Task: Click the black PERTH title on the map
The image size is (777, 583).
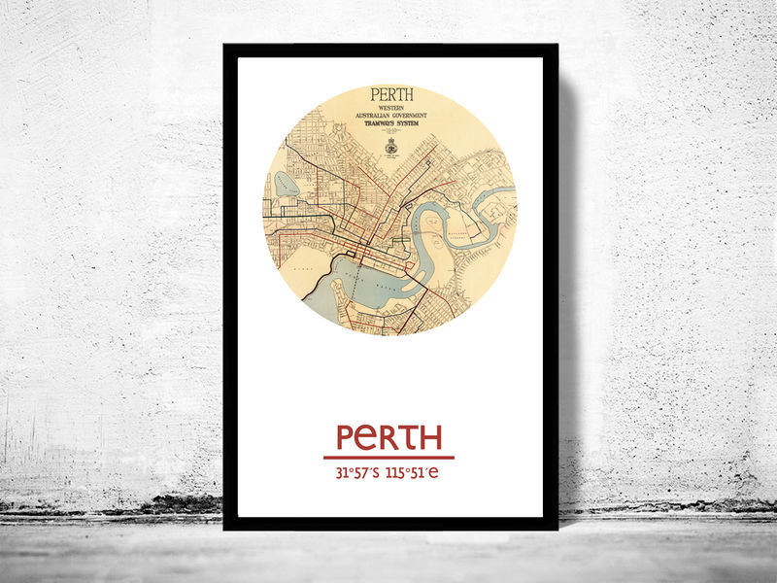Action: pos(391,95)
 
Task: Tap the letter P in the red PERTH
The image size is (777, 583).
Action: pos(347,437)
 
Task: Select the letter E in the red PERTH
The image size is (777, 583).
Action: pos(369,438)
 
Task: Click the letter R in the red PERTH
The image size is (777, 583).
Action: pos(390,437)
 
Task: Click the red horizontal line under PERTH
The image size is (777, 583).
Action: pos(388,457)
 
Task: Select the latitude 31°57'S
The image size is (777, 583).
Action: pos(356,474)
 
